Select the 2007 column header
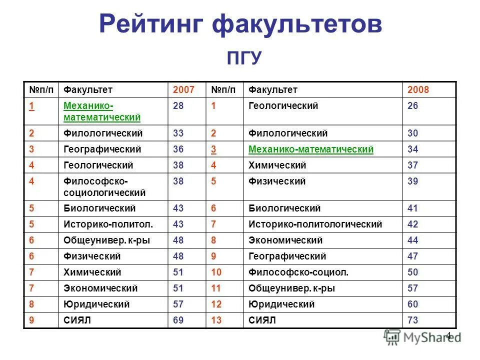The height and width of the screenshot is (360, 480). click(183, 90)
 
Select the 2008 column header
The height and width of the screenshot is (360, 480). click(418, 90)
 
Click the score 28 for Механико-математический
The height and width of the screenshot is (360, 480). click(178, 106)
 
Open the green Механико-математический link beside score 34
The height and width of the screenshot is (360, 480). click(310, 149)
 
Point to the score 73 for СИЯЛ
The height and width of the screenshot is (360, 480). click(412, 320)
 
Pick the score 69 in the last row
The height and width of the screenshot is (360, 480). click(178, 320)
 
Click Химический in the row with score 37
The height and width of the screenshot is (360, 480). click(277, 165)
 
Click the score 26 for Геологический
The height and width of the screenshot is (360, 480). click(412, 106)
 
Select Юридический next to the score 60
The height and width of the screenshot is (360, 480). click(281, 304)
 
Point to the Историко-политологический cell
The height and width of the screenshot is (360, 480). click(315, 224)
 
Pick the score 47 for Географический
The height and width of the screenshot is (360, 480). click(412, 256)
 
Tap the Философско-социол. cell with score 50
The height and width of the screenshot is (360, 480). click(298, 272)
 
